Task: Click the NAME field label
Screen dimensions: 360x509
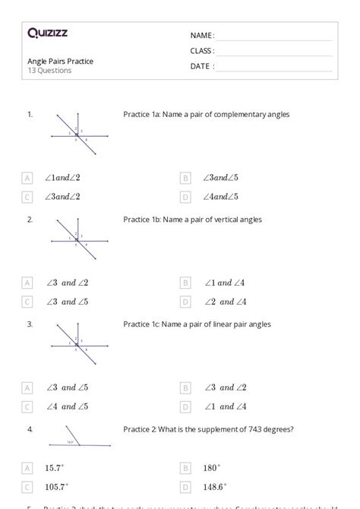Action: (201, 35)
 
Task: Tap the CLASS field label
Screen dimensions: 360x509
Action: (201, 50)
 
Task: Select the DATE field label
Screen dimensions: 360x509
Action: (201, 66)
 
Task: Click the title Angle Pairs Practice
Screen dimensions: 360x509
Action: (60, 61)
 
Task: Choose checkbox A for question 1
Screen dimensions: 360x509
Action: (27, 178)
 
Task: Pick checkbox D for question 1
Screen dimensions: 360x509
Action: (185, 197)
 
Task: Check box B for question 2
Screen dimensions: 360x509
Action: (185, 283)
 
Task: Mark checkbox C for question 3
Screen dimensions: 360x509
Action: (27, 406)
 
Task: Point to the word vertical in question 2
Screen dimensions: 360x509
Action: (226, 220)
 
